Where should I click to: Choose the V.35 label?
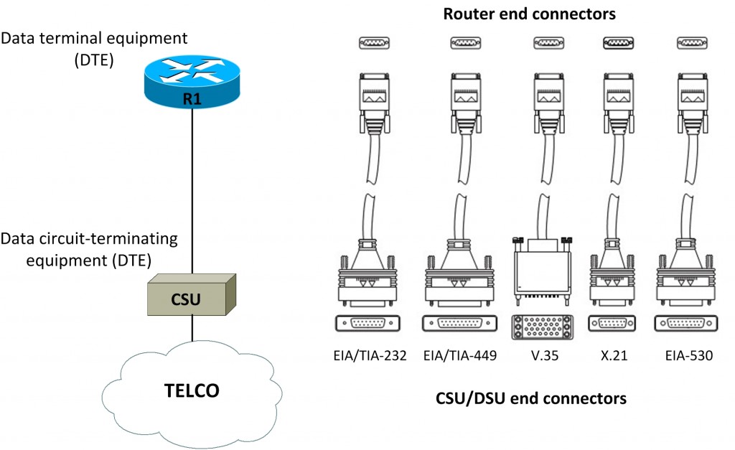point(544,354)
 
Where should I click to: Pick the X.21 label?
point(611,354)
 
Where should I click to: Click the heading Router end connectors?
point(529,14)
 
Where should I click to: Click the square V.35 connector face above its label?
point(543,327)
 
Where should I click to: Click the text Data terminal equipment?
point(94,37)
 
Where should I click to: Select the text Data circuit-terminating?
point(89,238)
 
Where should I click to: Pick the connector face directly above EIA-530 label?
point(688,324)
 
